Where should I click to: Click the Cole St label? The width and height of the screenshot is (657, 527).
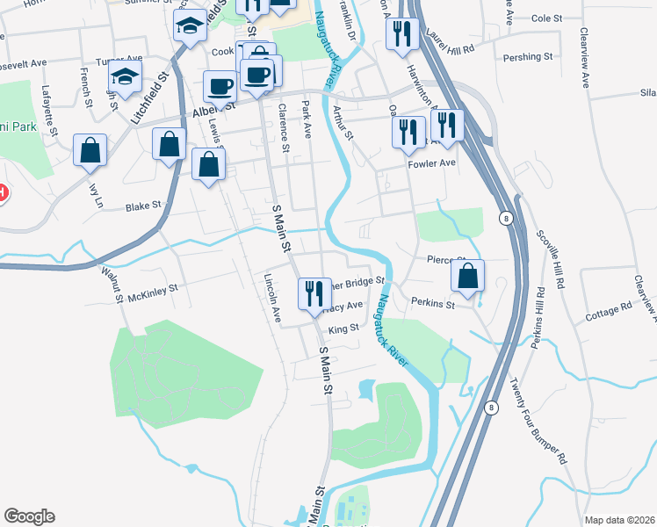(545, 18)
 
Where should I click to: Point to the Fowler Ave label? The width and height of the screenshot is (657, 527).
(431, 162)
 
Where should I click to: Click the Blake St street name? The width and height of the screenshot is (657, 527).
(144, 206)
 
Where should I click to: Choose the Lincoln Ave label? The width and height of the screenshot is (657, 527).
(271, 298)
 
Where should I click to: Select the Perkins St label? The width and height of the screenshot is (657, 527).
(432, 305)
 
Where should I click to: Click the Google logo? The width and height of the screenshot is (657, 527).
(29, 516)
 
